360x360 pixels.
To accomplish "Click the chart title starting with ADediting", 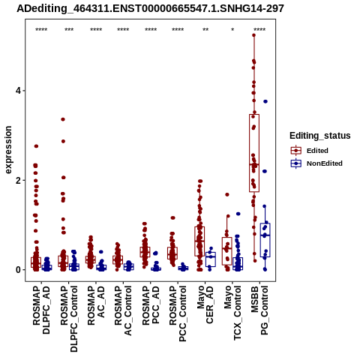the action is [150, 8].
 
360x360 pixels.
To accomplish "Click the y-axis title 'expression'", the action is [8, 150].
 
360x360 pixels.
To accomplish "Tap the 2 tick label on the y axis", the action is [19, 180].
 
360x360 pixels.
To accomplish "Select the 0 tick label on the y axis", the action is [19, 270].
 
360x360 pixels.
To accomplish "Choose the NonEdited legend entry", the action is [316, 163].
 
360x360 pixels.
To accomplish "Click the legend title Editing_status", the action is [320, 136].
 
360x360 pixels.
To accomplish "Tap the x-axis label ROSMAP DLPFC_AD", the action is [41, 310].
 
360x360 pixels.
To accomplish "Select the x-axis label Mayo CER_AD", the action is [205, 304].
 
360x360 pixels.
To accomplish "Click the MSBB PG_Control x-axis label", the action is [259, 310].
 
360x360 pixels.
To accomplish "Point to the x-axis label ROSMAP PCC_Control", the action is [178, 313].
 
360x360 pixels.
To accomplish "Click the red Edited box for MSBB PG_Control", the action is [254, 153].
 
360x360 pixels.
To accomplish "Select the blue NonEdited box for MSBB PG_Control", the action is [265, 240].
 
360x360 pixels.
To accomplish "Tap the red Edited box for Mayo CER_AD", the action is [199, 241].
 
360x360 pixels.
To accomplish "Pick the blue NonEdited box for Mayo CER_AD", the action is [211, 259].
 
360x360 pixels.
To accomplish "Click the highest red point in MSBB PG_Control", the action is [253, 35].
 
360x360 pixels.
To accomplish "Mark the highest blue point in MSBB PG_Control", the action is [265, 101].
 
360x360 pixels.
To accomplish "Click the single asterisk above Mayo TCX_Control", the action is [232, 29].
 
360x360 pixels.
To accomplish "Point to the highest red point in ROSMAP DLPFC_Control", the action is [63, 119].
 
